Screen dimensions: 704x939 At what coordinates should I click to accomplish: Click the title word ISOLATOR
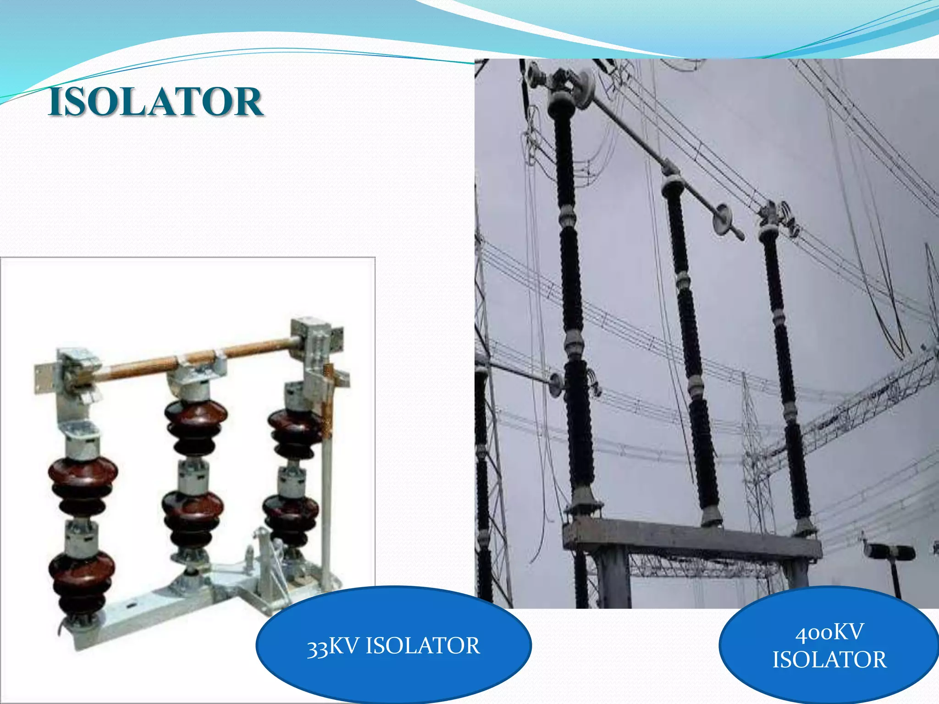click(x=155, y=102)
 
